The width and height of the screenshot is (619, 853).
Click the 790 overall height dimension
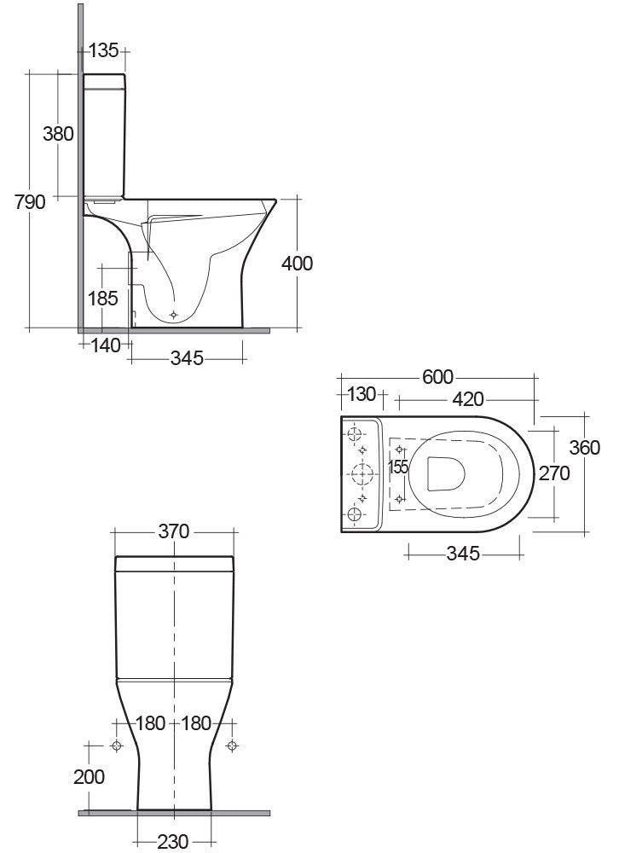click(x=31, y=202)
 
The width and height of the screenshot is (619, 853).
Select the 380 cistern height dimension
click(x=59, y=134)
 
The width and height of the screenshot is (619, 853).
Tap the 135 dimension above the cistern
click(x=103, y=51)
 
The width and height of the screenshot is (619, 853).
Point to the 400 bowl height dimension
click(x=298, y=263)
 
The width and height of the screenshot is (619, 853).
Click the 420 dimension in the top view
click(x=468, y=398)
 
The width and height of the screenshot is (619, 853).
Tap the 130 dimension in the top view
click(x=362, y=395)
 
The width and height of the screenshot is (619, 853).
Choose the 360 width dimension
click(x=585, y=448)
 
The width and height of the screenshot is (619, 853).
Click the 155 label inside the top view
click(x=398, y=467)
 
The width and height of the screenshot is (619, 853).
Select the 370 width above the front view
click(x=174, y=531)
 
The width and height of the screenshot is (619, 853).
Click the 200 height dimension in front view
click(x=90, y=776)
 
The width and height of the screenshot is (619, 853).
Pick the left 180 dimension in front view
click(x=150, y=724)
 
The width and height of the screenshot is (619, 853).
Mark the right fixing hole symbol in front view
click(x=231, y=746)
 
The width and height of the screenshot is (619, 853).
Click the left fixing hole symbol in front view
click(x=118, y=746)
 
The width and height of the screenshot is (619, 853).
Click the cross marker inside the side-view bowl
click(x=174, y=315)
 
